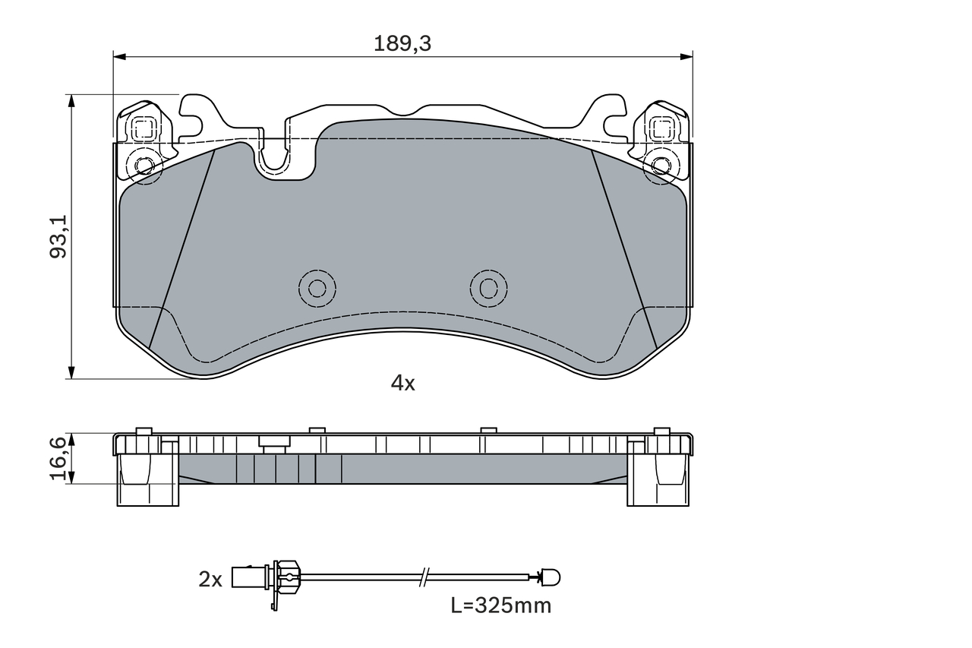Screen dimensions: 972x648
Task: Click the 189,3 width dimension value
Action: pos(402,44)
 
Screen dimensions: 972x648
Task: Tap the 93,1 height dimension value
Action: pos(58,236)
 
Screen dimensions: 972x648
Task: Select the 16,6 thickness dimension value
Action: pos(58,459)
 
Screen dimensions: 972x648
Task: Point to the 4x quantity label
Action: pos(402,383)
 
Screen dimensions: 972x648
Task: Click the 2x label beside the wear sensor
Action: pos(210,580)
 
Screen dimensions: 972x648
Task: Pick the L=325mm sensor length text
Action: pos(500,605)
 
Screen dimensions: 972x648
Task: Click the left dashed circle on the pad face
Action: pos(317,288)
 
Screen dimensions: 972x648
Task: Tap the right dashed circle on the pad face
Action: pos(488,288)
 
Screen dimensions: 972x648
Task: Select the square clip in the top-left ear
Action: pos(143,128)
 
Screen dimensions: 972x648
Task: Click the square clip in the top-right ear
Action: pos(661,128)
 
